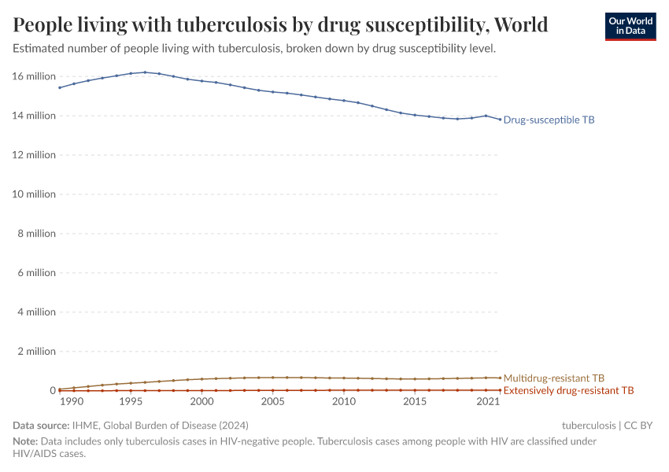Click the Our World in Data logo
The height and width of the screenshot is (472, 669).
tap(630, 26)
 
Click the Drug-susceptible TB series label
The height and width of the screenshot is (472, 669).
tap(549, 120)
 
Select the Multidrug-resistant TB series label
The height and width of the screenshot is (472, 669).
tap(553, 378)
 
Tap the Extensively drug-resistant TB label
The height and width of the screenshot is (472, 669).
tap(568, 390)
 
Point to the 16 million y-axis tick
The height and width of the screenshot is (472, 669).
tap(35, 76)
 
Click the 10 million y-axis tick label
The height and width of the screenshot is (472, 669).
tap(35, 194)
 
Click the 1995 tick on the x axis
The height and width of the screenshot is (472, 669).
tap(131, 402)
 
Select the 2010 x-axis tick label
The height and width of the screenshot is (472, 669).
tap(343, 402)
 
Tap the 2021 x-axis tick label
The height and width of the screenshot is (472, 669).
tap(489, 402)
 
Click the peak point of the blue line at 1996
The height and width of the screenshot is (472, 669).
tap(145, 72)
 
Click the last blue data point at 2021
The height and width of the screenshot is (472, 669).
tap(500, 120)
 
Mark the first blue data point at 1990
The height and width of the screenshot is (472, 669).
tap(60, 87)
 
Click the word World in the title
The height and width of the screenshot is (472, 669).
tap(521, 25)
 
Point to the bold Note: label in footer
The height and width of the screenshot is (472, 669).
tap(25, 442)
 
